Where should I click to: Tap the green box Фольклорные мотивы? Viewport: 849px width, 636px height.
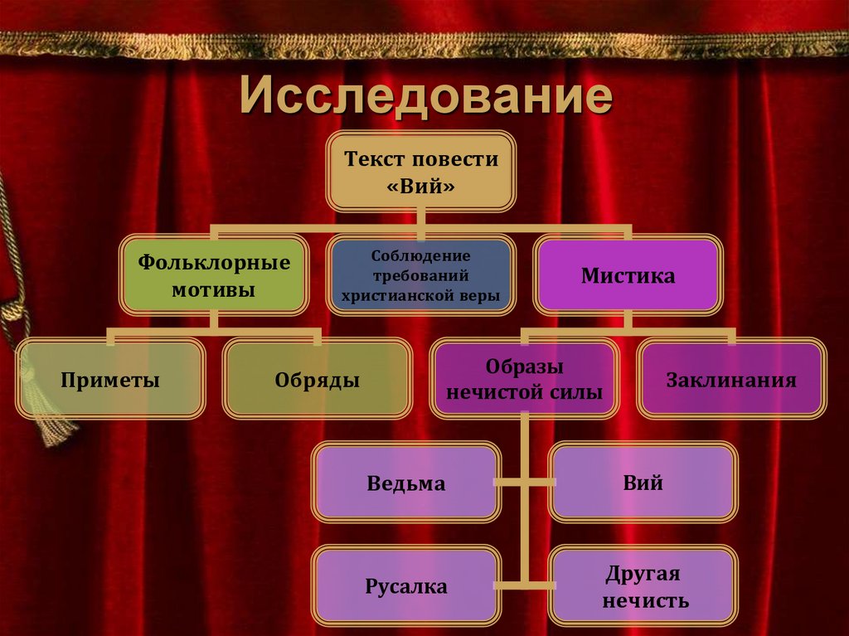[x=214, y=276]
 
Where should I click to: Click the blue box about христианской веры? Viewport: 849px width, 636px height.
[x=420, y=276]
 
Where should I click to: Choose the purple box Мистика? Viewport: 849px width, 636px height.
[x=628, y=276]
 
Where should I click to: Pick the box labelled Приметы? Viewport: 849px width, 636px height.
[x=109, y=381]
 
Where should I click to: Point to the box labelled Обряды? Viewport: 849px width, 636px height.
[x=317, y=381]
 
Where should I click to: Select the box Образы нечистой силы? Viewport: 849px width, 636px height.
[x=524, y=381]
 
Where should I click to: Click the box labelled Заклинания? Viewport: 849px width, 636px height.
[x=731, y=381]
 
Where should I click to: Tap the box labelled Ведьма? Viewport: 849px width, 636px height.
[x=406, y=483]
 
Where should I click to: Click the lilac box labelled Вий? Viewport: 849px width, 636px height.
[x=643, y=483]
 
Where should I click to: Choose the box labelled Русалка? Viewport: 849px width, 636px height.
[x=406, y=587]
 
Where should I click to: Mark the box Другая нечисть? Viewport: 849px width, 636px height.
[x=643, y=587]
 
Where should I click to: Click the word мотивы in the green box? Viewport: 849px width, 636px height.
[x=214, y=290]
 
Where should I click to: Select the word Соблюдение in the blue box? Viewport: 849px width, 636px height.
[x=420, y=256]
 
